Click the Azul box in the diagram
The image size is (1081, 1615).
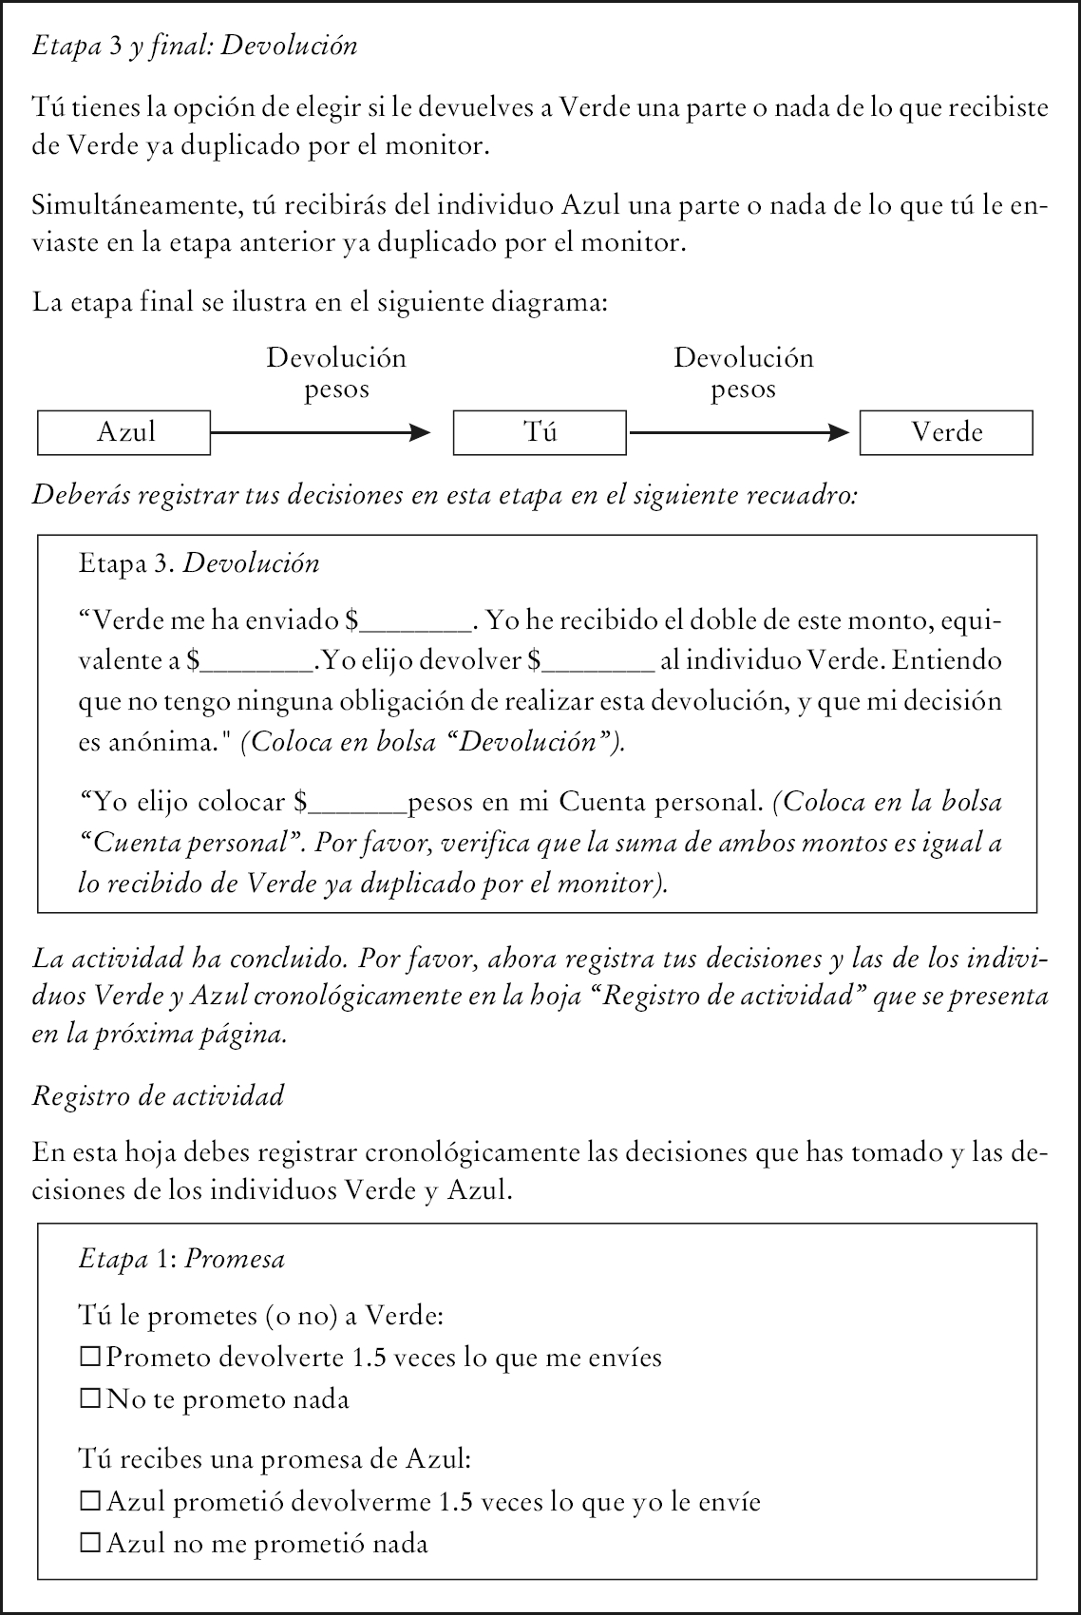coord(123,432)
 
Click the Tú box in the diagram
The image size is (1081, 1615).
coord(540,432)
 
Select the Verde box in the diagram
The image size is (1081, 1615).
coord(946,432)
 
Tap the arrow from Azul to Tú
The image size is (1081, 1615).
coord(320,433)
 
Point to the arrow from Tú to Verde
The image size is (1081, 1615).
coord(739,433)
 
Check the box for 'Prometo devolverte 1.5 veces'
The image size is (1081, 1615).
coord(90,1358)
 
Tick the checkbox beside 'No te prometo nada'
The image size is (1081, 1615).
coord(90,1398)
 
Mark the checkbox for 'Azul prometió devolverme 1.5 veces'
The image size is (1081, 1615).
coord(90,1502)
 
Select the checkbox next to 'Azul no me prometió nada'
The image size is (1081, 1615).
coord(90,1544)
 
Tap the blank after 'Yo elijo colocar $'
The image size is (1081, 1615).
coord(358,805)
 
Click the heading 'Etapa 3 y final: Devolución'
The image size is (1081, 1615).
coord(195,46)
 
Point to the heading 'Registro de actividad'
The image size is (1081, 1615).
coord(158,1096)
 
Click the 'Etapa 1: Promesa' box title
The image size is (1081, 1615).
coord(181,1259)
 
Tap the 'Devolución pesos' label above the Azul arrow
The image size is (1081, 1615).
coord(336,373)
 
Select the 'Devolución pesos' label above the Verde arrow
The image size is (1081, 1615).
coord(744,373)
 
